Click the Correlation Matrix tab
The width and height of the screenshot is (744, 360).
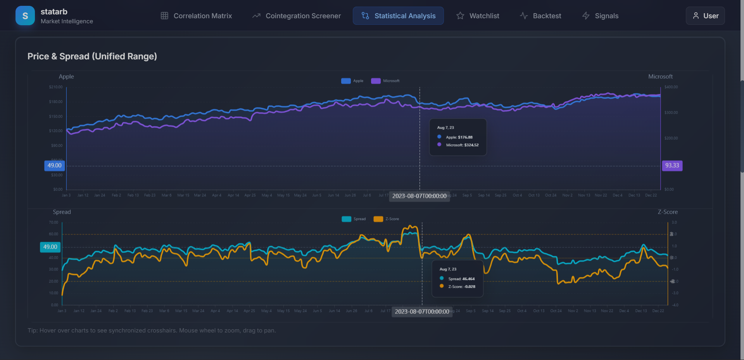click(196, 16)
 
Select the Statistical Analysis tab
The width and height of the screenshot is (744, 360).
click(398, 16)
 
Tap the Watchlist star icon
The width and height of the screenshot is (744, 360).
click(460, 16)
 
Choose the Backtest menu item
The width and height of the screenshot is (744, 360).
click(540, 16)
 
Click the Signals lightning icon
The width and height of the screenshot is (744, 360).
click(586, 16)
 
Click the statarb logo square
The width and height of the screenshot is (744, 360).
click(25, 16)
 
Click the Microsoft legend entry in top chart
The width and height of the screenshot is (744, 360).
click(386, 81)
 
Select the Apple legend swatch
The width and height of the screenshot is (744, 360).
click(346, 81)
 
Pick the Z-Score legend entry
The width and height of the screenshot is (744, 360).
click(387, 219)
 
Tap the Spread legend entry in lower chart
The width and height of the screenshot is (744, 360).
click(354, 219)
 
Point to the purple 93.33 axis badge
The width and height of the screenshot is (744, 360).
click(672, 166)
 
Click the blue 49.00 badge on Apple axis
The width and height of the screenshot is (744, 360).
click(54, 166)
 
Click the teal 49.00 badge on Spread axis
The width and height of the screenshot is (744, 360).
click(50, 247)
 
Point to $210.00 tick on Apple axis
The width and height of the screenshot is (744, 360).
click(56, 87)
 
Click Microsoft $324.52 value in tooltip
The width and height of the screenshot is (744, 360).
click(462, 145)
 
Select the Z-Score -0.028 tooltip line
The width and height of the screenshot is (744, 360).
click(461, 287)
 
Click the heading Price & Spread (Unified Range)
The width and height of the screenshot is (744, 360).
click(92, 56)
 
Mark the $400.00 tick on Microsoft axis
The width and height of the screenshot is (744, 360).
click(671, 87)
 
